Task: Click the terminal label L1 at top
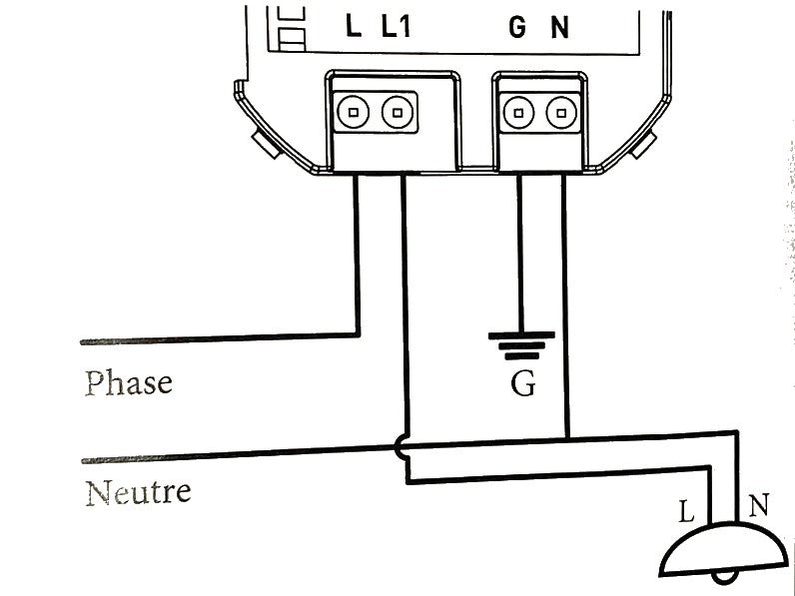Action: point(397,27)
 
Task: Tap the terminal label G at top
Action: point(516,28)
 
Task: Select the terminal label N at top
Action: point(560,28)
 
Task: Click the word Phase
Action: point(128,383)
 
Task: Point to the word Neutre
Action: point(138,492)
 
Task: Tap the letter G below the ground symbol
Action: point(522,384)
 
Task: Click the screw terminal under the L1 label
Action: point(397,112)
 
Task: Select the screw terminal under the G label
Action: point(517,112)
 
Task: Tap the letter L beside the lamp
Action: point(686,513)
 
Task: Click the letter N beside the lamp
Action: point(758,506)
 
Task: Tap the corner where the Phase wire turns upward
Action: point(357,335)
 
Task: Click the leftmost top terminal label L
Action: point(354,27)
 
